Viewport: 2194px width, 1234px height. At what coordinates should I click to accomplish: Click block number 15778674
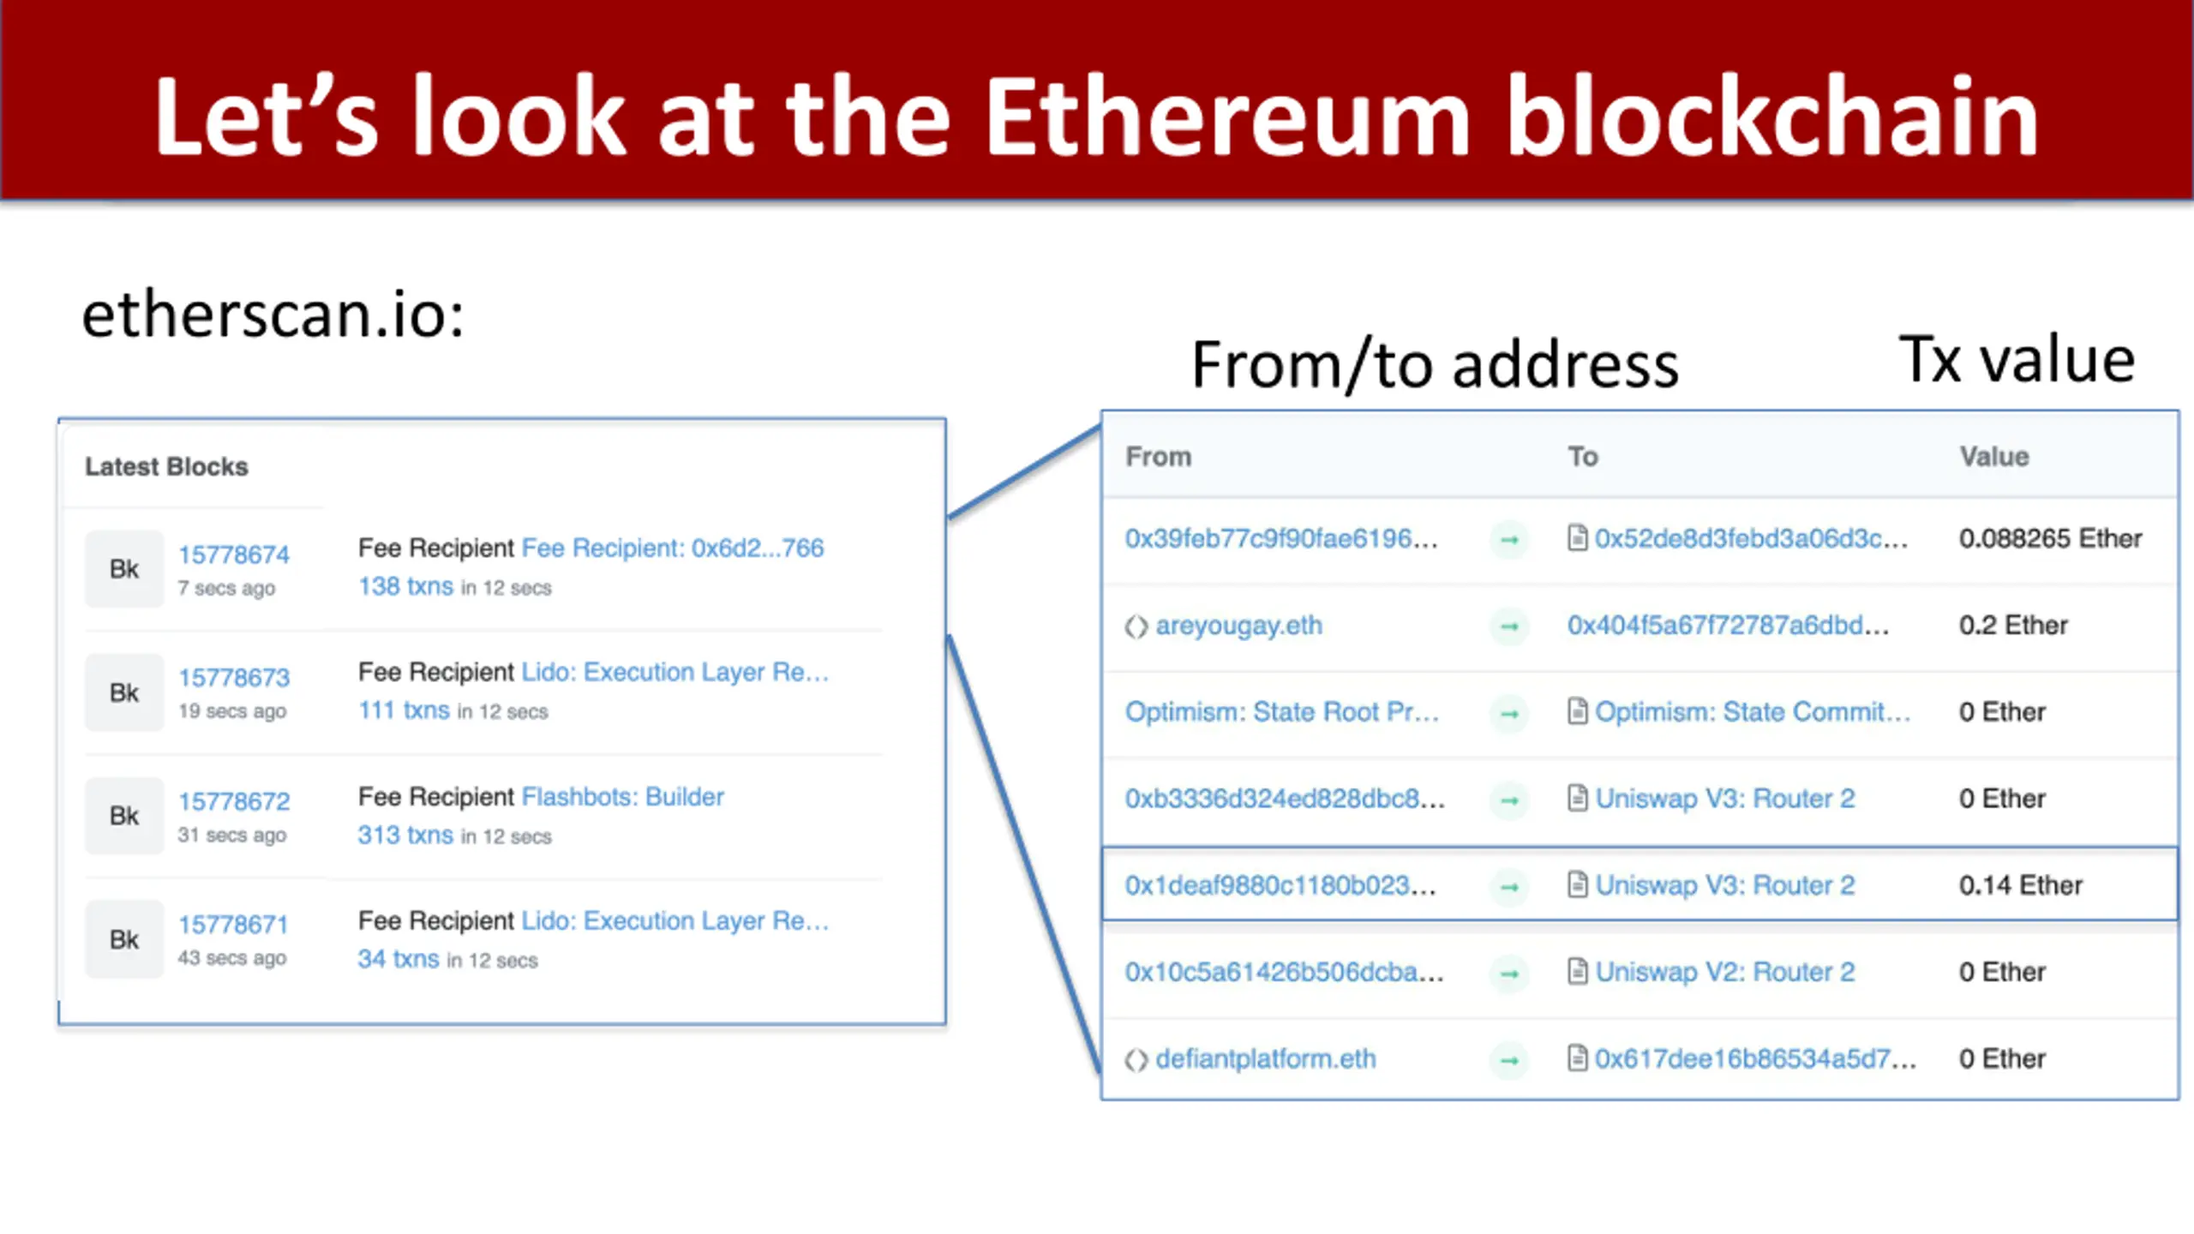[234, 554]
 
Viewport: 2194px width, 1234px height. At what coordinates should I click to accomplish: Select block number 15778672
[234, 801]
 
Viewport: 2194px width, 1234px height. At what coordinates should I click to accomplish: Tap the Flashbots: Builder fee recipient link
[622, 797]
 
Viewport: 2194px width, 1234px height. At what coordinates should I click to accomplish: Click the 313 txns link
[405, 835]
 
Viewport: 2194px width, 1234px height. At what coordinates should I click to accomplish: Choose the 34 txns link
[399, 959]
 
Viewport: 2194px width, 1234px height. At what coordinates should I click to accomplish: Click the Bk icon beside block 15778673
[124, 692]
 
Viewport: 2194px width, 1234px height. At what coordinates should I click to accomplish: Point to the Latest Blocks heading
[166, 467]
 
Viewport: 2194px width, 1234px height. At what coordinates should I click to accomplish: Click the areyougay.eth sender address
[1238, 626]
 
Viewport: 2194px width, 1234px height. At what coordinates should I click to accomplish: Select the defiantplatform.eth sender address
[1265, 1059]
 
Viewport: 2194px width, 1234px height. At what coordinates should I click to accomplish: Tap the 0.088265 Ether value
[2050, 539]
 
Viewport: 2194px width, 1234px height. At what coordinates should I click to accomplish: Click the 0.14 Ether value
[2020, 885]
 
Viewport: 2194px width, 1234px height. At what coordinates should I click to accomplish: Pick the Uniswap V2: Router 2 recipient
[1724, 972]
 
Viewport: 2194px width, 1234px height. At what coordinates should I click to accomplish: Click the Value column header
[1993, 457]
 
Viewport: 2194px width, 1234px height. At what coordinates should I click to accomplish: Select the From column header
[1158, 457]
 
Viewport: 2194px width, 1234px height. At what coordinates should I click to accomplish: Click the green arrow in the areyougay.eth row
[1509, 626]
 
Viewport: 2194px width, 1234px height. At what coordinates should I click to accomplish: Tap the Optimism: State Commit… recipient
[1752, 712]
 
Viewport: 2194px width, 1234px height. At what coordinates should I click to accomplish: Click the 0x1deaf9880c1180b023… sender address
[1280, 885]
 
